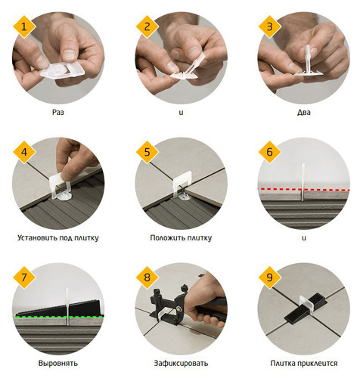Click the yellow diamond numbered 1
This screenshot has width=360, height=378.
tap(24, 26)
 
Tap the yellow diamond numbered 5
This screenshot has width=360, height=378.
tap(147, 152)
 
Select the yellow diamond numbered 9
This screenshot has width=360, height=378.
tap(270, 277)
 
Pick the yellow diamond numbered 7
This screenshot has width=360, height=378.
tap(24, 277)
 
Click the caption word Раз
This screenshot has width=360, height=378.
tap(58, 112)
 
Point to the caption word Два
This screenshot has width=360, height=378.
tap(304, 112)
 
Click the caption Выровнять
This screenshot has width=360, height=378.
tap(58, 363)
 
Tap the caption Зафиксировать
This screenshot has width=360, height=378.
tap(181, 363)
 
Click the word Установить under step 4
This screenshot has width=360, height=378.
tap(37, 237)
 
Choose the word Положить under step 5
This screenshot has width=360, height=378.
tap(166, 237)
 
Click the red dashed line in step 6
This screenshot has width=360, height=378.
tap(304, 189)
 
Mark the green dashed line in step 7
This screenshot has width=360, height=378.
tap(58, 317)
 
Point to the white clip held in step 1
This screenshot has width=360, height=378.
tap(62, 71)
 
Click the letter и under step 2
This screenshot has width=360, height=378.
tap(181, 113)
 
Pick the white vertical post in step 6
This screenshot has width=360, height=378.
tap(303, 182)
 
